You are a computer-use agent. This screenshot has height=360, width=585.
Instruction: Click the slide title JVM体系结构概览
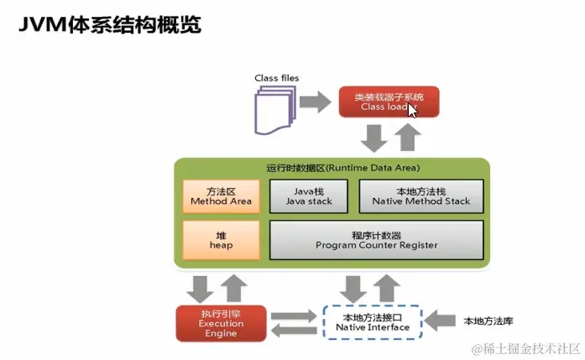pos(110,25)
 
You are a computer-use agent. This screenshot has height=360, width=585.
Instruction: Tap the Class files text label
pos(276,78)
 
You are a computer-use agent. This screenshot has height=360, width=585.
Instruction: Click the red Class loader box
pos(377,102)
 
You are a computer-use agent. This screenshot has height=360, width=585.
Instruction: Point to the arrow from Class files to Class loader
pos(315,102)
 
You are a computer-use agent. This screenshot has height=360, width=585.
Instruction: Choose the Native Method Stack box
pos(421,196)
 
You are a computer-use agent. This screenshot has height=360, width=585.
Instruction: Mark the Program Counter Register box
pos(376,239)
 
